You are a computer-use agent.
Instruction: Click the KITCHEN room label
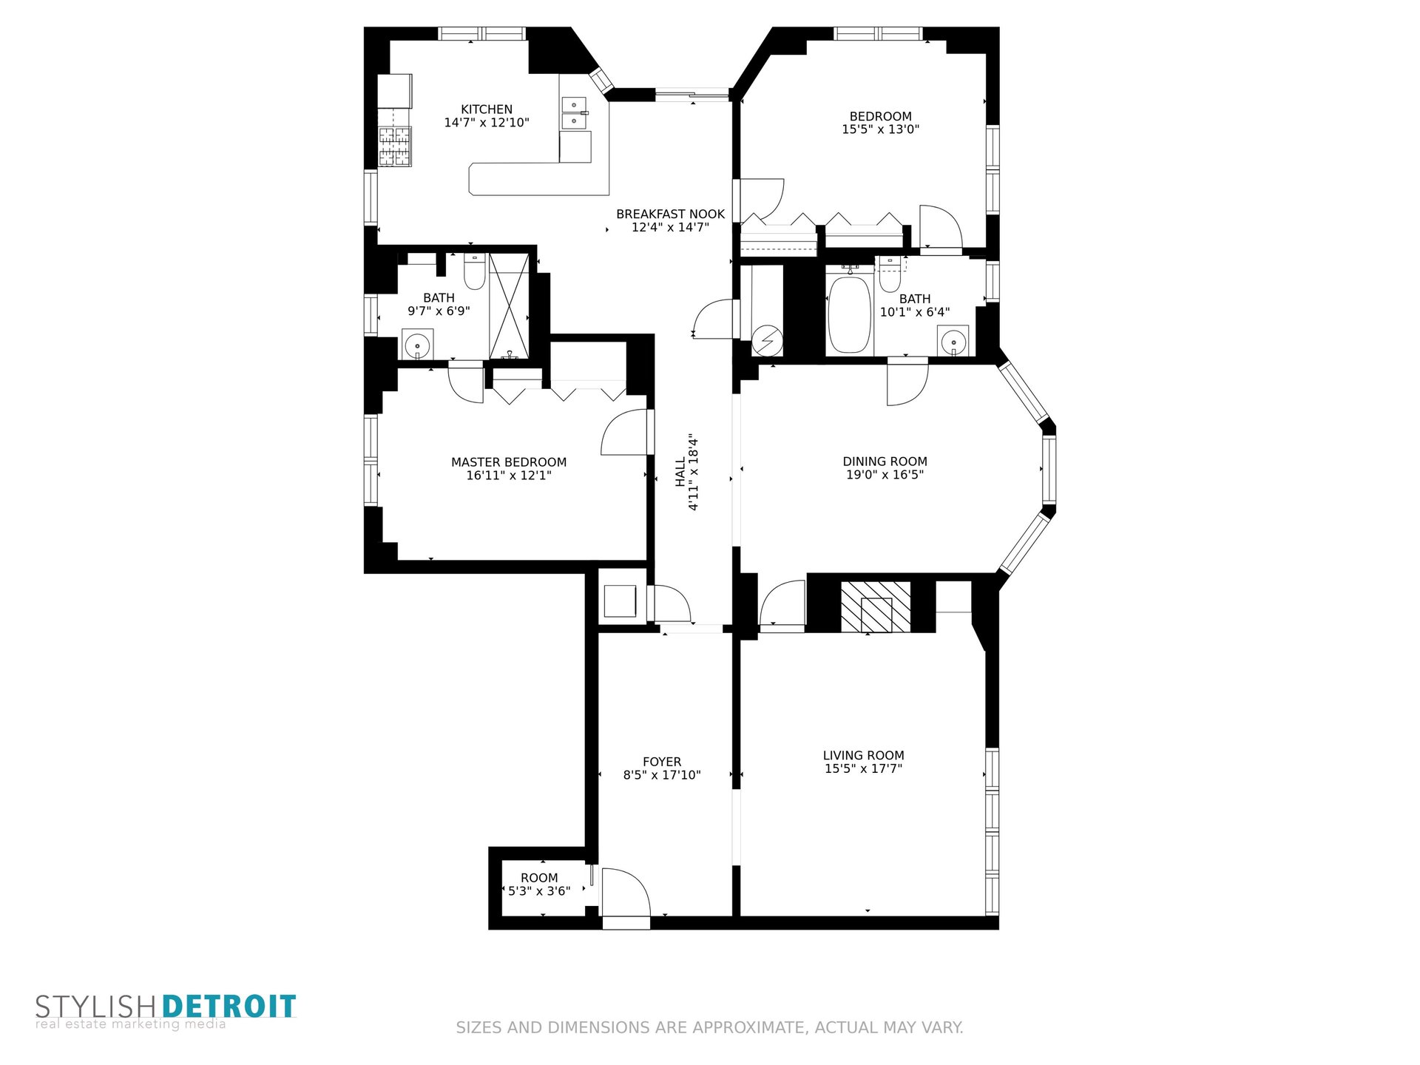[487, 109]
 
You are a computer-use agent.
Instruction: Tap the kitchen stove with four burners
[395, 146]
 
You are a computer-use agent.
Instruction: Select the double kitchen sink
[574, 113]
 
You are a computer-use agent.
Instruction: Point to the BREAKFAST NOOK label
[671, 214]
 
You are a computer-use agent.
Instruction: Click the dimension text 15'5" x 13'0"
[881, 129]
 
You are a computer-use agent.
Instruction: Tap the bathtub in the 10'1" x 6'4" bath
[850, 314]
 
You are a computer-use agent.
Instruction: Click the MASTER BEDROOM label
[509, 462]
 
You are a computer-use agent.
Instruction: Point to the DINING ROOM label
[885, 461]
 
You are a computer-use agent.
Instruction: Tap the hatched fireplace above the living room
[876, 607]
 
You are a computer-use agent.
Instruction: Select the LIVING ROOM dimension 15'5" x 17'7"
[864, 769]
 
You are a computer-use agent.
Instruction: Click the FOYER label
[662, 762]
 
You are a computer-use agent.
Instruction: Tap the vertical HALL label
[680, 473]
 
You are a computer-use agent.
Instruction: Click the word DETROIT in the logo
[229, 1007]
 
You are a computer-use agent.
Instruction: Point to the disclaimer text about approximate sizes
[709, 1027]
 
